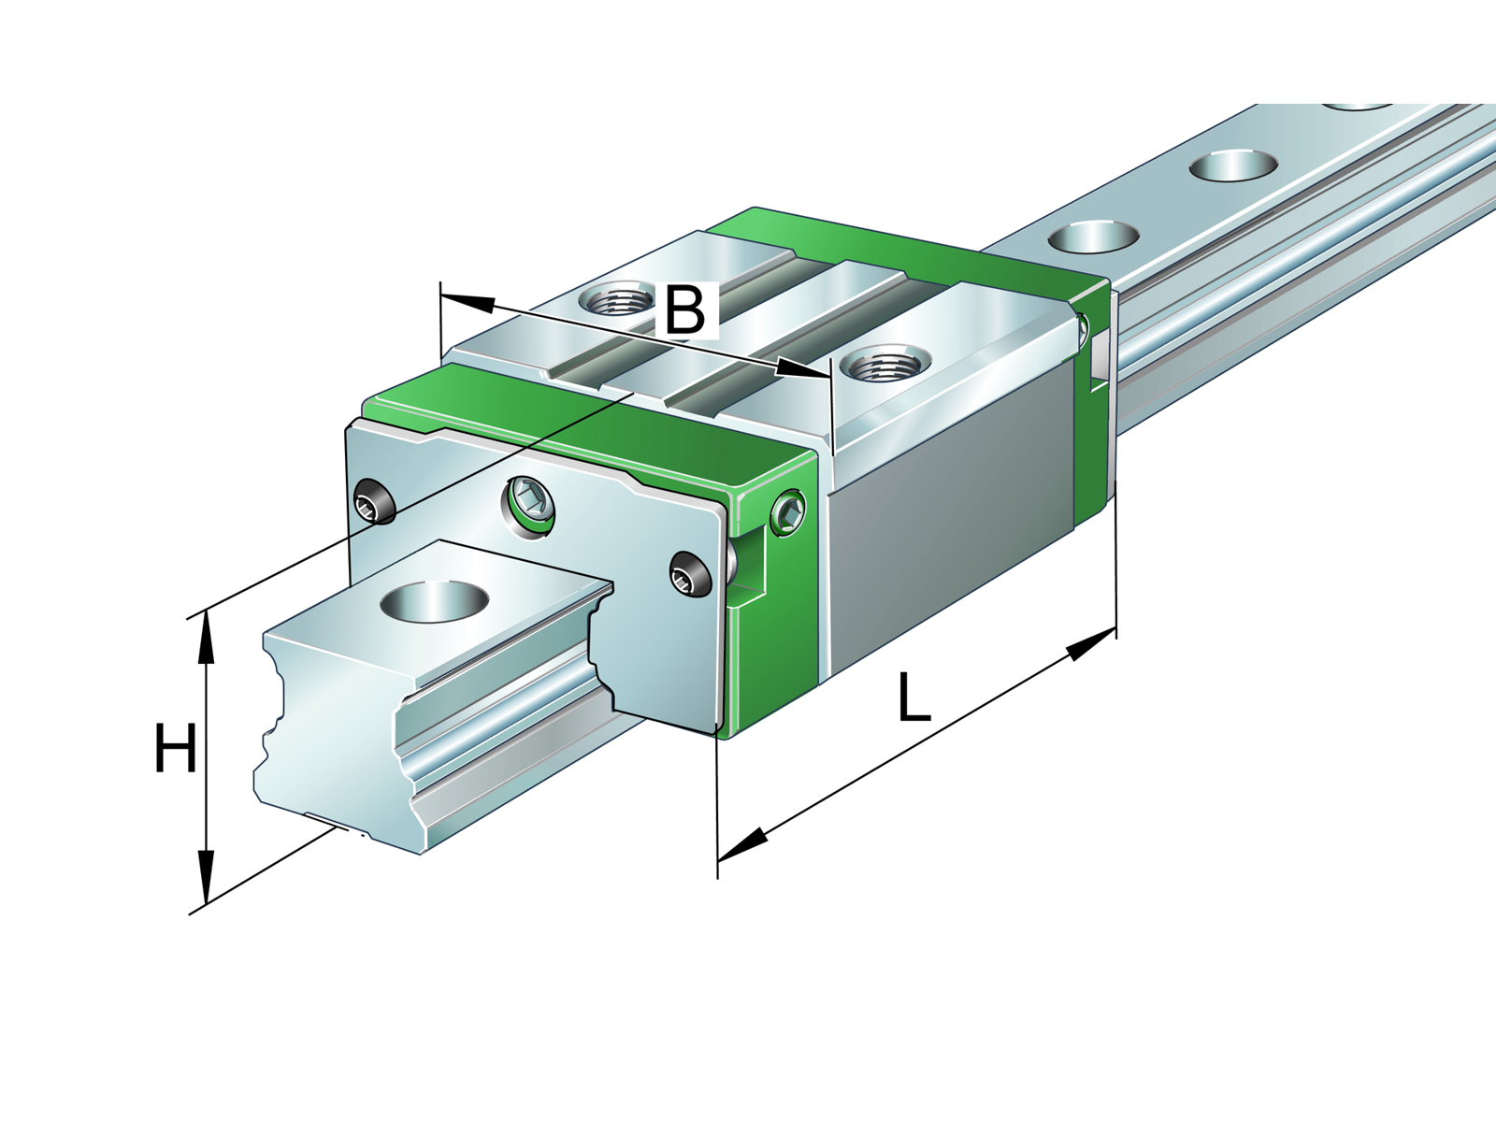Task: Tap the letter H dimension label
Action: click(x=175, y=748)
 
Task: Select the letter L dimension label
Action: click(x=913, y=697)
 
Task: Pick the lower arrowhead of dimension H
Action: click(x=205, y=878)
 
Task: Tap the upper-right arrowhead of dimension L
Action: click(x=1090, y=644)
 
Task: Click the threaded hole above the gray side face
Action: click(x=878, y=366)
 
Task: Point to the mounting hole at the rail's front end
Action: click(x=434, y=601)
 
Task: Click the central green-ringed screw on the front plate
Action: click(x=528, y=508)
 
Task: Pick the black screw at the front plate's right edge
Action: click(x=690, y=573)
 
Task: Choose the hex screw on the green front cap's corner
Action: click(x=788, y=511)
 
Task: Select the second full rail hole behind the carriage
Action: click(x=1233, y=165)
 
